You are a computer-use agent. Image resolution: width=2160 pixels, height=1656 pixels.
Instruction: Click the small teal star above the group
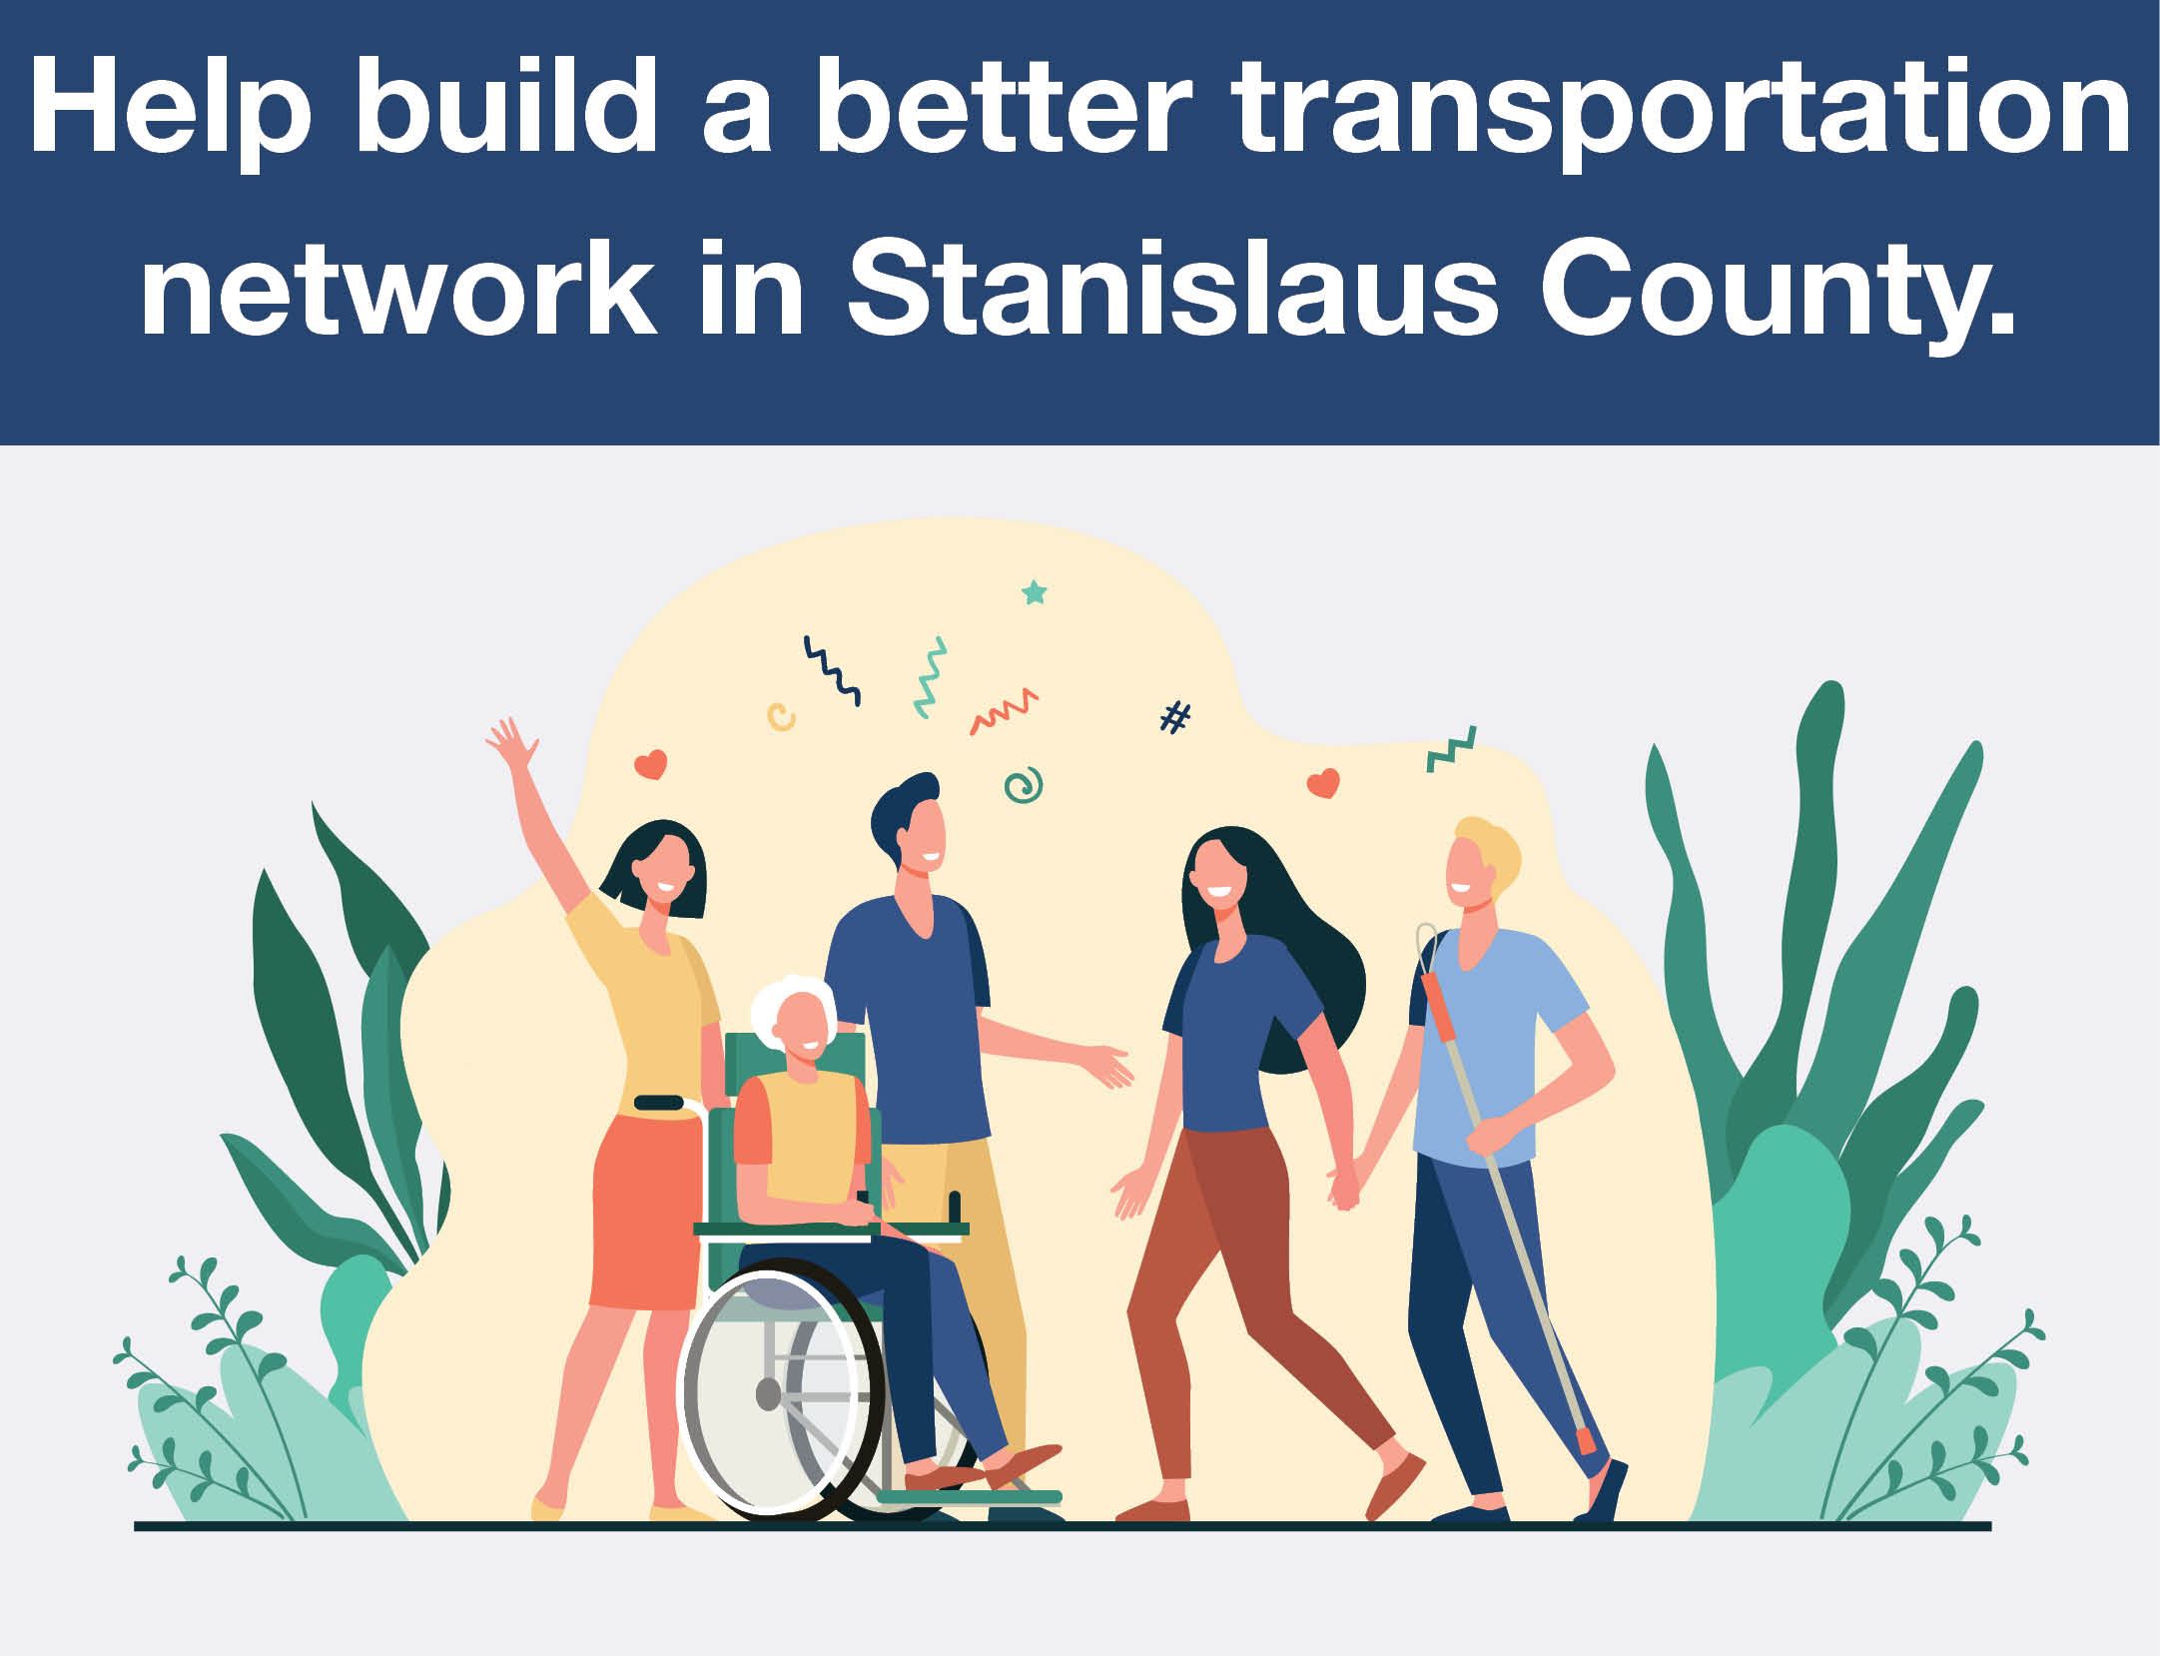(x=1034, y=593)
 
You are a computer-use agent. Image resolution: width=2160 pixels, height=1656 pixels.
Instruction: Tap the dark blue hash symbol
(x=1176, y=716)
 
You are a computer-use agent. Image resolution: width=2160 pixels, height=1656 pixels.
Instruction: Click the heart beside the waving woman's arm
(x=650, y=766)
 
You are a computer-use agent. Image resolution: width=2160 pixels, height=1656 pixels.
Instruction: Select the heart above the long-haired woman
(x=1322, y=783)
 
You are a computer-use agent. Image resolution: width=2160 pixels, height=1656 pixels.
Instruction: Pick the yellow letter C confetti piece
(x=781, y=714)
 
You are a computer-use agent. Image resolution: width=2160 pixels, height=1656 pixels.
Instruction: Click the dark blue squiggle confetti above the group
(x=832, y=671)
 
